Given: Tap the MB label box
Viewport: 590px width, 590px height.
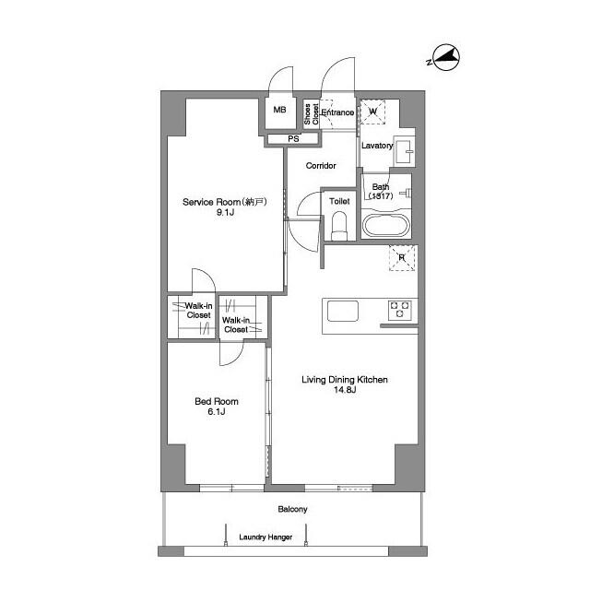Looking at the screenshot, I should pyautogui.click(x=279, y=110).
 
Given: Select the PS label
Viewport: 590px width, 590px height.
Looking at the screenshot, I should pyautogui.click(x=293, y=139).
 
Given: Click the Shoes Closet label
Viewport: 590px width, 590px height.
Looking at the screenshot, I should pyautogui.click(x=313, y=113).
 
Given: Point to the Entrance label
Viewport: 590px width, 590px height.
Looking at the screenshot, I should pyautogui.click(x=337, y=112).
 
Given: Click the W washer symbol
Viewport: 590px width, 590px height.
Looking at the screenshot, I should pyautogui.click(x=373, y=112).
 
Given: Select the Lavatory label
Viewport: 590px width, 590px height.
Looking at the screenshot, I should pyautogui.click(x=376, y=146).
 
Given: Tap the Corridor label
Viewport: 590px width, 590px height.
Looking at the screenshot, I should pyautogui.click(x=321, y=166).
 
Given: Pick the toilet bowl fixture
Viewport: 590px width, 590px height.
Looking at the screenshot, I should pyautogui.click(x=339, y=224).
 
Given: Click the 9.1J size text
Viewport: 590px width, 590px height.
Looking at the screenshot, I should pyautogui.click(x=225, y=213).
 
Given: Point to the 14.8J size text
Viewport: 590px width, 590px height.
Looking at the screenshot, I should pyautogui.click(x=343, y=391).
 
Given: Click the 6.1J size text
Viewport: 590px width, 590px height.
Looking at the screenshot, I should pyautogui.click(x=216, y=412).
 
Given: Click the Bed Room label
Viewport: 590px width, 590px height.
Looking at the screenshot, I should pyautogui.click(x=216, y=401).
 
